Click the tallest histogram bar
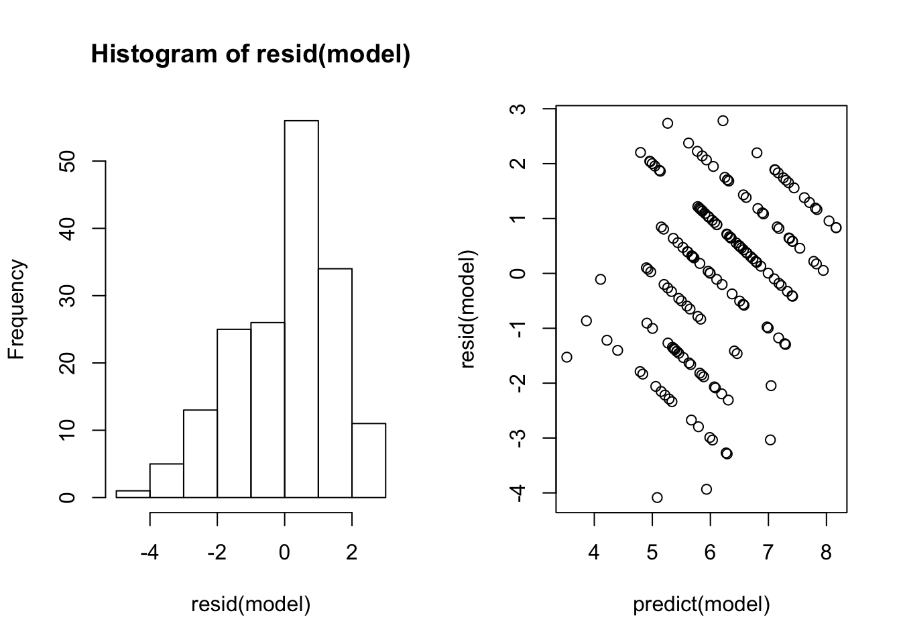click(301, 309)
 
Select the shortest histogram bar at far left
click(133, 494)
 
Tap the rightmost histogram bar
click(369, 460)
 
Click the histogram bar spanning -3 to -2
click(200, 453)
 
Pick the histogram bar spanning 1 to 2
click(335, 382)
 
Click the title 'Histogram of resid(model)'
click(250, 54)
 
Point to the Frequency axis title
click(16, 309)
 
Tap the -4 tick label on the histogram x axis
click(149, 553)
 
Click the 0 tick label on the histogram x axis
click(284, 553)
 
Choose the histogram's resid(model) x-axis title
click(251, 604)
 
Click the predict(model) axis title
click(701, 604)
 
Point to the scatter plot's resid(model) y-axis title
click(468, 309)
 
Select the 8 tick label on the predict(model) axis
click(826, 553)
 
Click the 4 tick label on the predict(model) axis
click(594, 553)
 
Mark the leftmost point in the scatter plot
click(566, 357)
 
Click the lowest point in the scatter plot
click(657, 497)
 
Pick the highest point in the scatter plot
click(723, 121)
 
